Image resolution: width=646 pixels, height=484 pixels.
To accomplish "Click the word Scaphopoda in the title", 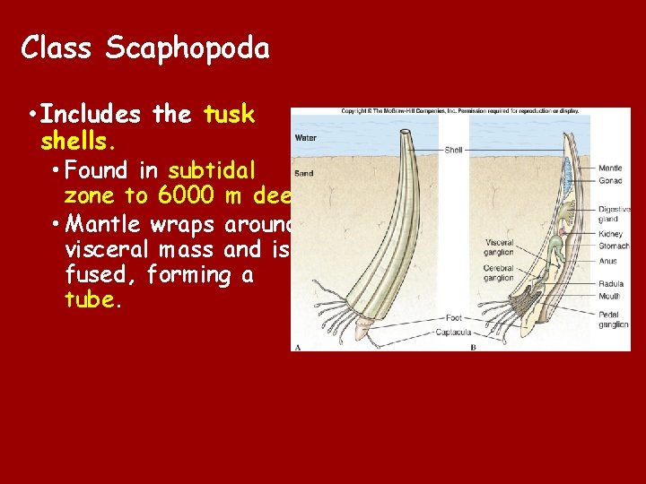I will [x=187, y=48].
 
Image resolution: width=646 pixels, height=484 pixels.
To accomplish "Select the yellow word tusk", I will [x=230, y=115].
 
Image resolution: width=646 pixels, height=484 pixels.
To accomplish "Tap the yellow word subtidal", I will [x=213, y=169].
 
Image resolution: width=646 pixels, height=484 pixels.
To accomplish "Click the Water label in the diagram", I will [x=306, y=138].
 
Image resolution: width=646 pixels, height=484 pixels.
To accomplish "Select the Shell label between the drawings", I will [x=454, y=150].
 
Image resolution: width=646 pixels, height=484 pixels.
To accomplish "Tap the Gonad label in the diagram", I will [x=610, y=181].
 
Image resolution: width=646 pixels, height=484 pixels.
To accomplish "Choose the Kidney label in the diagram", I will [x=611, y=234].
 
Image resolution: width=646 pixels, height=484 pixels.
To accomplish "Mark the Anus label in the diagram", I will [x=608, y=262].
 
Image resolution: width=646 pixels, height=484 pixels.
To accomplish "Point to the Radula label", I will [x=611, y=284].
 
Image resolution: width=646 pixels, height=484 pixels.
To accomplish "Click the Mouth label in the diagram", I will [x=610, y=296].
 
